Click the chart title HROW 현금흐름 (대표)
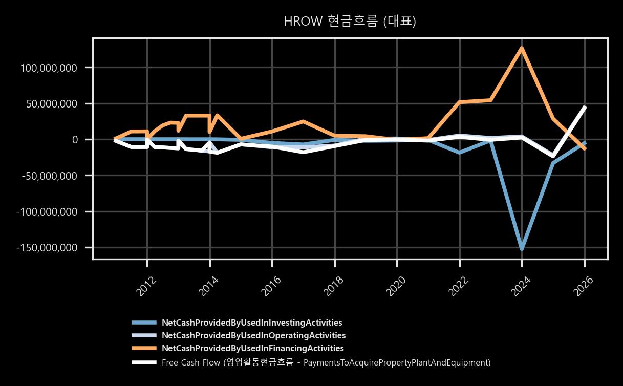[x=350, y=21]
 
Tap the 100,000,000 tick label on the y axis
[x=49, y=68]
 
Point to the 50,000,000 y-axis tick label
[x=52, y=104]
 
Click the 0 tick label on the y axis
[x=75, y=140]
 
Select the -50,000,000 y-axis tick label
[x=50, y=176]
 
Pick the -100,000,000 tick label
[x=47, y=212]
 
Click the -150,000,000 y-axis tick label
[x=47, y=247]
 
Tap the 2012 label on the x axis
[x=146, y=287]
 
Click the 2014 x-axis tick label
[x=209, y=287]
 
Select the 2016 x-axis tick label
[x=271, y=287]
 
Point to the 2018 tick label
[x=334, y=287]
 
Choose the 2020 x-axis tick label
[x=396, y=287]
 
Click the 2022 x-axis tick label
[x=459, y=287]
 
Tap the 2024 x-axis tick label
[x=521, y=287]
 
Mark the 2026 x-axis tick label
[x=584, y=287]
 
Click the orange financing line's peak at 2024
[x=522, y=48]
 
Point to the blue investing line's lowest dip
[x=522, y=249]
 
